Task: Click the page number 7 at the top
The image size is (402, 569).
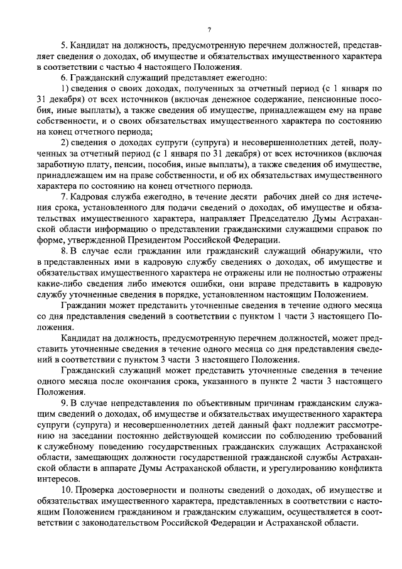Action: click(209, 30)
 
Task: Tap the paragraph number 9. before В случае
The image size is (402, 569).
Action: click(63, 400)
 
